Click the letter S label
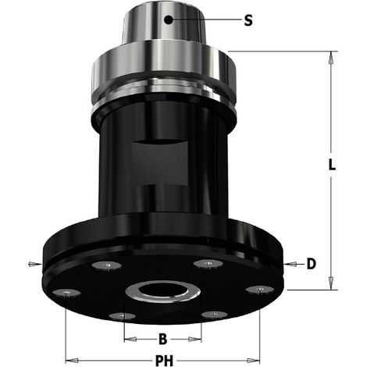click(248, 20)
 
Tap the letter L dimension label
click(332, 165)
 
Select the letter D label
click(312, 264)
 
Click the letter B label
click(162, 339)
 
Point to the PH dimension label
click(164, 361)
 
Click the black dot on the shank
click(169, 20)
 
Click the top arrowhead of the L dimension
click(331, 58)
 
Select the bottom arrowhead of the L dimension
click(331, 283)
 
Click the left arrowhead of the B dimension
click(130, 339)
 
